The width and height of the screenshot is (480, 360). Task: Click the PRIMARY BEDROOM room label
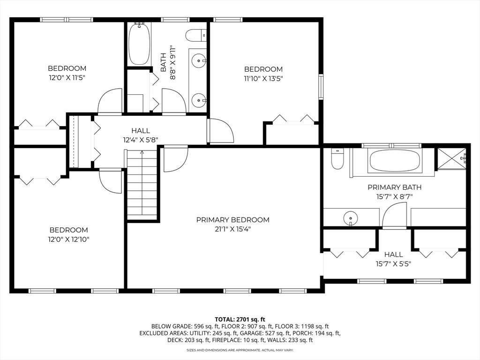(x=232, y=220)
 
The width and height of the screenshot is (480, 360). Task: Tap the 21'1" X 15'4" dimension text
(x=232, y=229)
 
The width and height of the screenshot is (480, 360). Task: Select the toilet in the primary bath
(x=337, y=158)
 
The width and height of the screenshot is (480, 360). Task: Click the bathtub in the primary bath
(x=395, y=161)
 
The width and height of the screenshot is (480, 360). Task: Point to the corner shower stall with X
(x=452, y=158)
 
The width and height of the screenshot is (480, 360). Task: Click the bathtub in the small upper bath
(x=140, y=44)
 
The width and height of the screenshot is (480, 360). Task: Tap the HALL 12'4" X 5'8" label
(x=141, y=135)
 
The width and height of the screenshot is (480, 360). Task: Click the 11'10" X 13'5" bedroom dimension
(x=263, y=79)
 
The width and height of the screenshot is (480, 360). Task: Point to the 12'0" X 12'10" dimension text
(x=68, y=240)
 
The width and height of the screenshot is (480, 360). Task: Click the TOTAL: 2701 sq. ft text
(x=240, y=320)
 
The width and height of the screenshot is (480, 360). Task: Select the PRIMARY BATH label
(x=394, y=187)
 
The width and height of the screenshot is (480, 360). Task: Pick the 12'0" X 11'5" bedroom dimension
(x=67, y=78)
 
